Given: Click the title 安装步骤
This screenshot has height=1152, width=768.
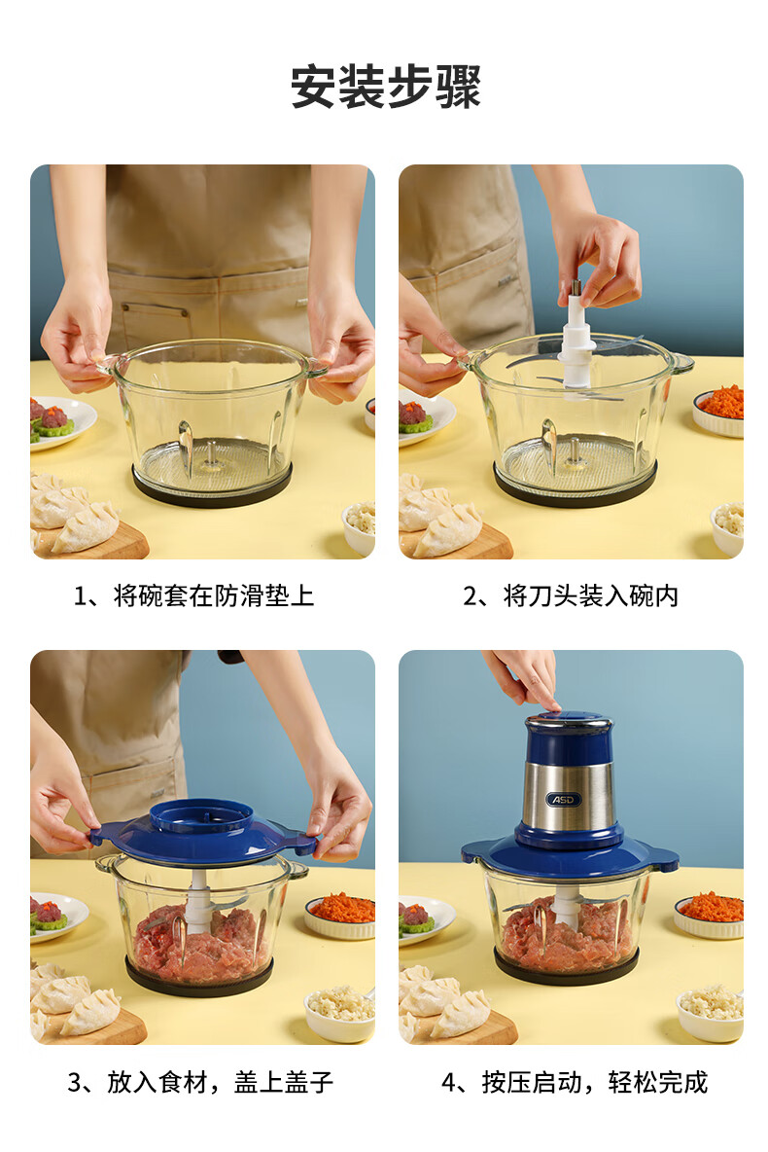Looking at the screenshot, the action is click(386, 87).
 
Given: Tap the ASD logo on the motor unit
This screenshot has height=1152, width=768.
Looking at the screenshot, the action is click(564, 800).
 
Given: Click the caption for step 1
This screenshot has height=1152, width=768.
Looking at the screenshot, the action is click(193, 595).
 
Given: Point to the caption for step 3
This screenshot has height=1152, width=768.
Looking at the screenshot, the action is click(200, 1082).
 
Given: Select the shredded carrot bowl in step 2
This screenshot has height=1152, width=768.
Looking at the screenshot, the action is click(720, 411).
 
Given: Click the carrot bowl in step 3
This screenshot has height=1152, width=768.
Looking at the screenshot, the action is click(341, 916).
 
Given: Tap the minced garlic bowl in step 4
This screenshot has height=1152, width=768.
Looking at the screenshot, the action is click(710, 1013).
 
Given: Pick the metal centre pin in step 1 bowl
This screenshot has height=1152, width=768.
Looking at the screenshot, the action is click(212, 453).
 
